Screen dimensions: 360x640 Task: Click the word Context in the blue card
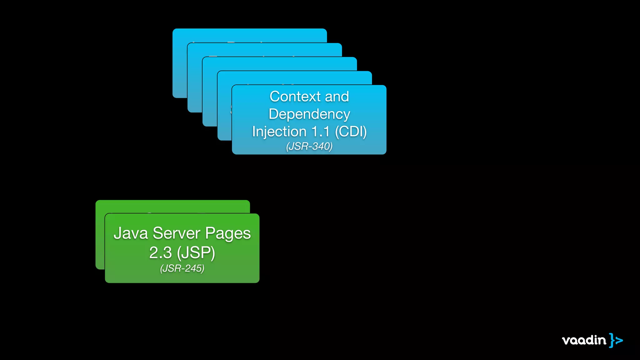click(295, 97)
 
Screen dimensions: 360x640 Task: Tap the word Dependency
click(309, 114)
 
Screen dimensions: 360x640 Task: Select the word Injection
click(279, 132)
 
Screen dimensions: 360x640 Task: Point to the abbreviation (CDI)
click(351, 132)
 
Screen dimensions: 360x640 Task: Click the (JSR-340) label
click(309, 146)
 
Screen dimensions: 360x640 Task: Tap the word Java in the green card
click(131, 233)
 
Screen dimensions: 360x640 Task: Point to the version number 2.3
click(160, 253)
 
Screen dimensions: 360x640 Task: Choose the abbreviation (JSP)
click(196, 253)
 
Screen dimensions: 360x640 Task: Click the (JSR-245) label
click(182, 268)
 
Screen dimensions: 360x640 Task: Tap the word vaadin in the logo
click(584, 340)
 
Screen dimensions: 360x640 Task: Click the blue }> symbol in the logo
click(616, 340)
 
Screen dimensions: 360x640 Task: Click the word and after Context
click(337, 97)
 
